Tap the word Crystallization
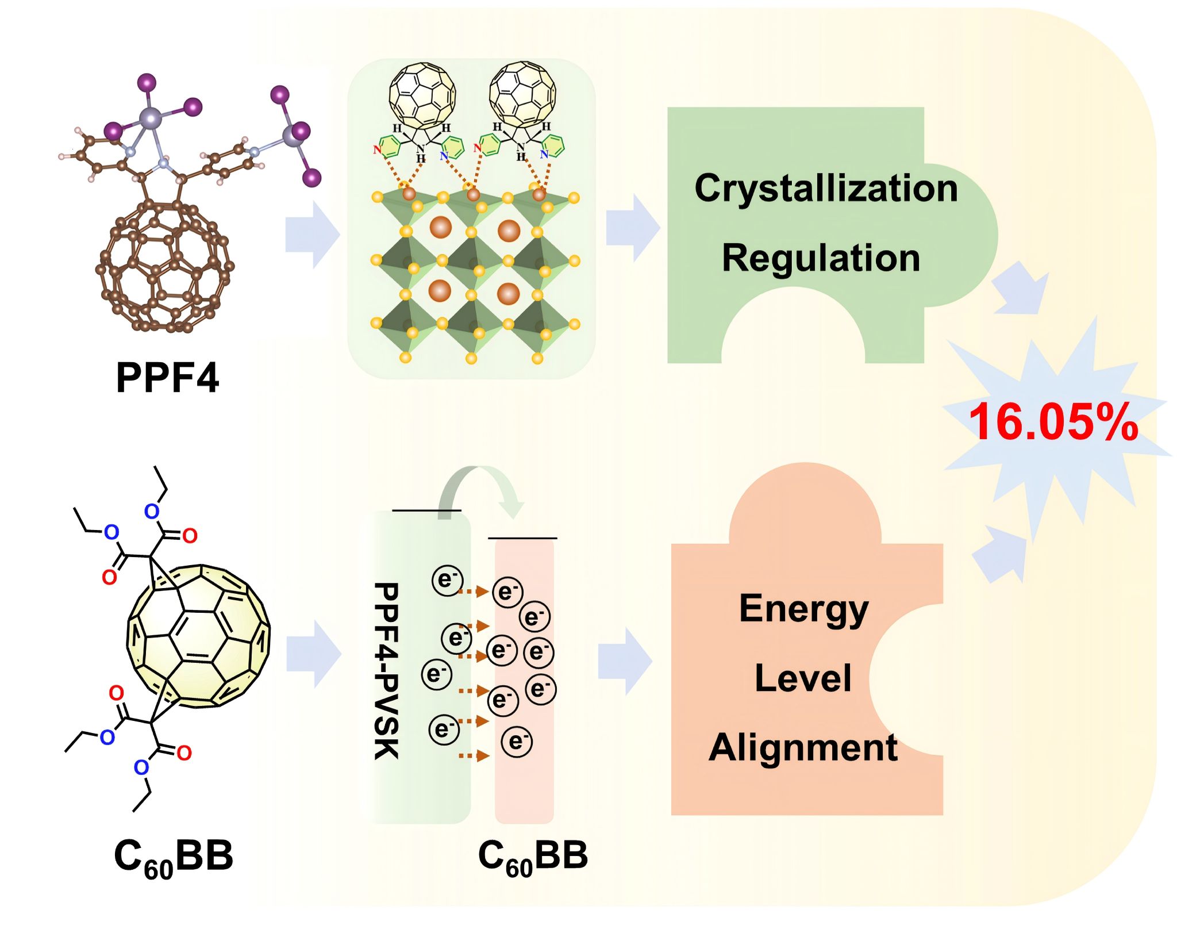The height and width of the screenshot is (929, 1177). tap(826, 188)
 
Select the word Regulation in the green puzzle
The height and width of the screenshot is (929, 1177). tap(821, 258)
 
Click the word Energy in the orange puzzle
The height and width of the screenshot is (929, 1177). tap(803, 609)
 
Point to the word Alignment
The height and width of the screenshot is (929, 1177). tap(803, 748)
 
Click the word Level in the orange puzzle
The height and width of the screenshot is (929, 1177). tap(803, 678)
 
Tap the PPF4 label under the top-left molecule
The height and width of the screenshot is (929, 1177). tap(167, 378)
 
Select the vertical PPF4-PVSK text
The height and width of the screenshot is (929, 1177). tap(386, 671)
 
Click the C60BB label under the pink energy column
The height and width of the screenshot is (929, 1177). tap(533, 857)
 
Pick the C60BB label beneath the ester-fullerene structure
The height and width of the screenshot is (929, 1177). tap(174, 857)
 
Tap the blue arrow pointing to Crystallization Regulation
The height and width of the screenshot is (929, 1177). tap(633, 228)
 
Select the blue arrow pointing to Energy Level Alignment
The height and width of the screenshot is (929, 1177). tap(625, 661)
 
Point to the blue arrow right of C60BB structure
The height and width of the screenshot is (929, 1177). tap(314, 654)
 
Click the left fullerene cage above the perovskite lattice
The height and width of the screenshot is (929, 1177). tap(422, 94)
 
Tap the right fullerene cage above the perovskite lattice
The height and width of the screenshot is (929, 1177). tap(522, 94)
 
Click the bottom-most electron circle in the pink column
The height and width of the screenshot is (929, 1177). tap(516, 742)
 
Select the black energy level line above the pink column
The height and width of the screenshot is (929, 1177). tap(522, 539)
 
